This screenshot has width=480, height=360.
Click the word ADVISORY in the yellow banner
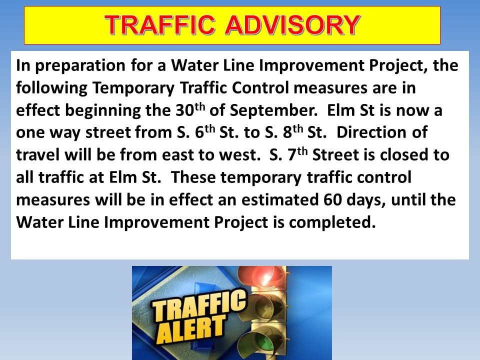point(292,25)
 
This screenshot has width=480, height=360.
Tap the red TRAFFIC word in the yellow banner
point(160,25)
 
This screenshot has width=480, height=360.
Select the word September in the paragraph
point(273,110)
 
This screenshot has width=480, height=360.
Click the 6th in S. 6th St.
point(205,132)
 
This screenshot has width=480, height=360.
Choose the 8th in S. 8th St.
point(293,132)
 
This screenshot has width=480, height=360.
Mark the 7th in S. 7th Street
point(297,154)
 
